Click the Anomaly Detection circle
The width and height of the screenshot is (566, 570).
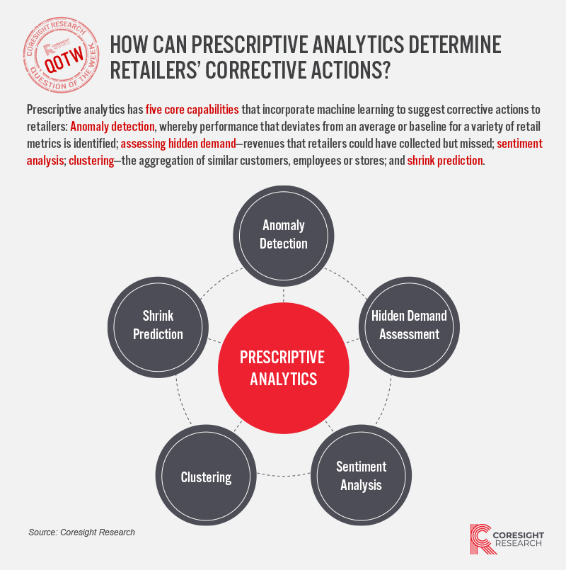[284, 236]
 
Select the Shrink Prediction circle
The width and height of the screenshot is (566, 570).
[158, 327]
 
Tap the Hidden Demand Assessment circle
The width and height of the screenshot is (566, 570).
[409, 327]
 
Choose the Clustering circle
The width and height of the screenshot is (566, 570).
[206, 475]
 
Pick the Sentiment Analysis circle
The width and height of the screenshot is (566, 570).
[361, 475]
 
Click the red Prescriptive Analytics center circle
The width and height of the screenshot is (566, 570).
[284, 368]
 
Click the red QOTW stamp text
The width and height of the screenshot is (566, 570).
[64, 59]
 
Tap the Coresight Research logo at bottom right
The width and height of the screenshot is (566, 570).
[507, 539]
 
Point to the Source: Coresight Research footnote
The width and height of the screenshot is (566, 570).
[82, 532]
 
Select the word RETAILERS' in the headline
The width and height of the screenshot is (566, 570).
[154, 70]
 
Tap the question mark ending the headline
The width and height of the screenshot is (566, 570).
[386, 70]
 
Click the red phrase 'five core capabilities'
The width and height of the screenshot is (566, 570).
[192, 110]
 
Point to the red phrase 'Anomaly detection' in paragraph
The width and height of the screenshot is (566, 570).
[112, 127]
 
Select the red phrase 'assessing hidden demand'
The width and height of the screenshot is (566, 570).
[178, 144]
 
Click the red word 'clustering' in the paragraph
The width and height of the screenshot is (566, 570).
[91, 160]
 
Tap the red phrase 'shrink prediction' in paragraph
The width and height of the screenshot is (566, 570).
[445, 160]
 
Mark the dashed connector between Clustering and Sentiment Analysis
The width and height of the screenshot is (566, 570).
[284, 475]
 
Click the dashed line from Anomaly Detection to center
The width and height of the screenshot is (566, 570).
[284, 295]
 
